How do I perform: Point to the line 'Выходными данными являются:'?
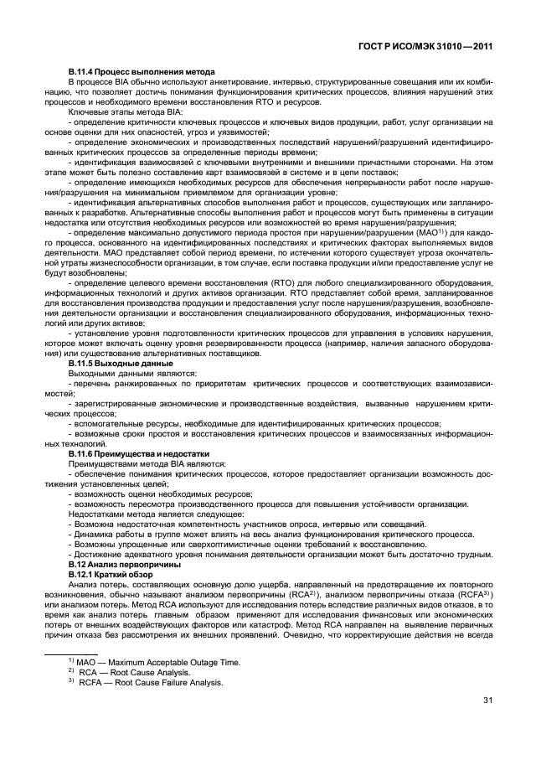(127, 375)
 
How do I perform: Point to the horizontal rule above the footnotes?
(72, 650)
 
